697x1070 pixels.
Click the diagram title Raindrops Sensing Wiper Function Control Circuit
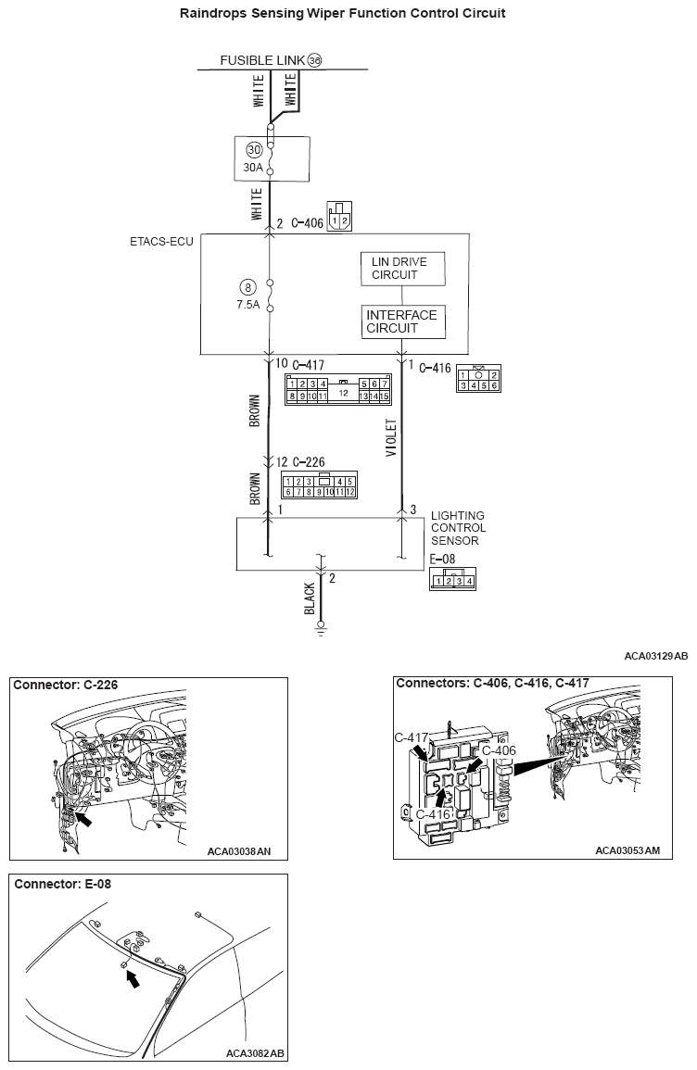(x=348, y=13)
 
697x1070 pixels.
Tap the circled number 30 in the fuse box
(x=253, y=149)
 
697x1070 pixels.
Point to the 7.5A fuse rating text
(x=249, y=304)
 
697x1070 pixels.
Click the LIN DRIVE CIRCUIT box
(x=401, y=269)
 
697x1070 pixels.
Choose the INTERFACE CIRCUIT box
(x=401, y=321)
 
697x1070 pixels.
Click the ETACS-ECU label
(x=160, y=242)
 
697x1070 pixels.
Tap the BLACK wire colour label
(x=310, y=599)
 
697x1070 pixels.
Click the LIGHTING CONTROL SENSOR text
(x=458, y=528)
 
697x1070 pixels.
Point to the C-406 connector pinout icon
(x=340, y=217)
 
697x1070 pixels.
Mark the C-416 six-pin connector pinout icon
(x=479, y=380)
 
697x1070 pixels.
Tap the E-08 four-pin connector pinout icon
(x=453, y=579)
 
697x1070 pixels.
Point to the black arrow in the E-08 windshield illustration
(x=133, y=977)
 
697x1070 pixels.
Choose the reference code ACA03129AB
(x=655, y=656)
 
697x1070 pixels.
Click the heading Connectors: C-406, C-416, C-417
(x=492, y=684)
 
